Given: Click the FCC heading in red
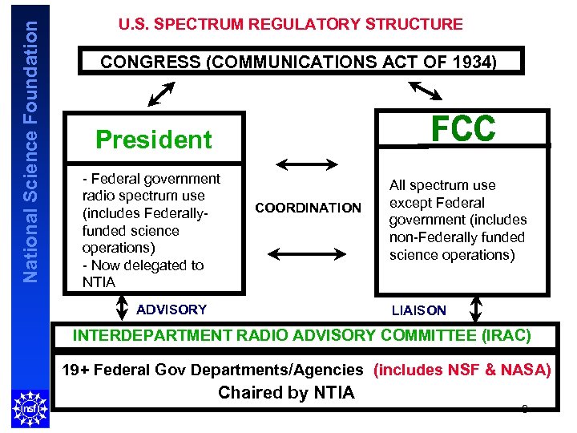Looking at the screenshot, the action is (464, 128).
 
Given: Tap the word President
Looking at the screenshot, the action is (154, 140).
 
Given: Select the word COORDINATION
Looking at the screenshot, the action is (308, 208).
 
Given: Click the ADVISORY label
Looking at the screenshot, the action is (171, 310).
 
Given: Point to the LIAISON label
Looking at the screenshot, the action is (418, 310).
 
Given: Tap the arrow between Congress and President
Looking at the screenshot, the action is (162, 93).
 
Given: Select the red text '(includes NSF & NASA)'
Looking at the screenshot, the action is (462, 370).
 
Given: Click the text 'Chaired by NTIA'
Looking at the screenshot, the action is (286, 393).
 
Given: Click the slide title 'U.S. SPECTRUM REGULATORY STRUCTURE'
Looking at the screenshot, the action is (290, 24).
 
